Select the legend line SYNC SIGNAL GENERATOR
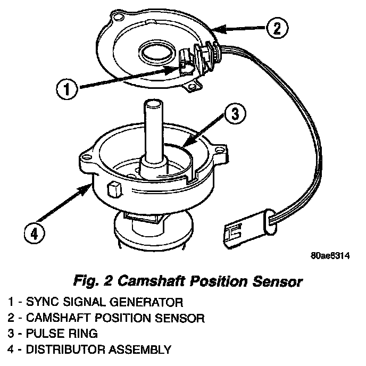[x=96, y=303]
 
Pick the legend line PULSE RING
[x=61, y=334]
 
